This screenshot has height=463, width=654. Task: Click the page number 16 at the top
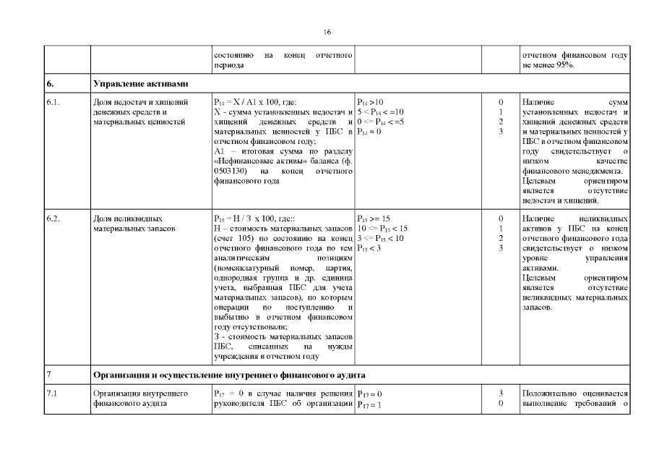click(x=327, y=32)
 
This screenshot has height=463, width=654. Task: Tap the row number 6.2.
click(x=53, y=218)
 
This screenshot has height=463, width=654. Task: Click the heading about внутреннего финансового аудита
click(x=229, y=375)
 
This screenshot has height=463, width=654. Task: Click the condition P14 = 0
click(x=369, y=132)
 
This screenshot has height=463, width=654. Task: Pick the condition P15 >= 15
click(x=374, y=218)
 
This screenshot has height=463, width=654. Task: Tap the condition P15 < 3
click(x=369, y=248)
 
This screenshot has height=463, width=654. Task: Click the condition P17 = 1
click(x=369, y=404)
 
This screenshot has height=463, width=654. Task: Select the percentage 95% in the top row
click(x=565, y=65)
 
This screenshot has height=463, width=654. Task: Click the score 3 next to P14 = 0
click(x=500, y=132)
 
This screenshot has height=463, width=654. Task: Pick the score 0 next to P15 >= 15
click(x=500, y=218)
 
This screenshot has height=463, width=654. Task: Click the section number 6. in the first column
click(x=51, y=84)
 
